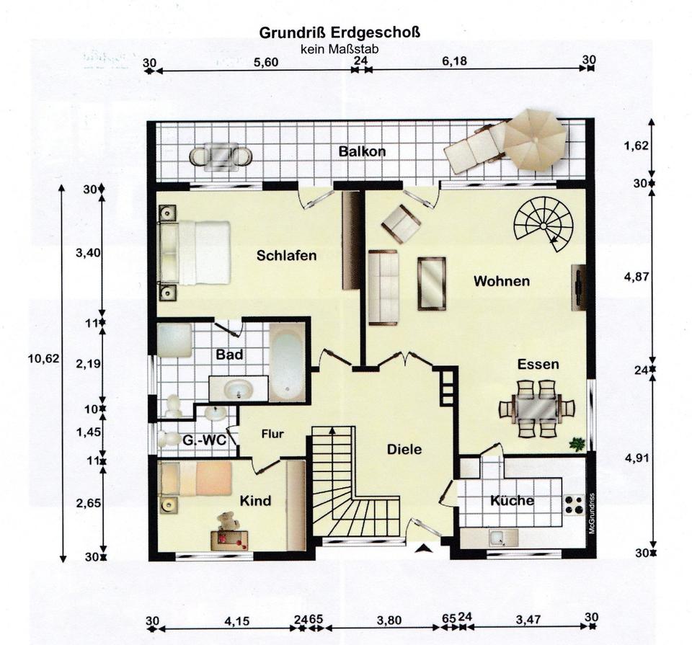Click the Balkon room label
[362, 152]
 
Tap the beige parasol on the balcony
[535, 139]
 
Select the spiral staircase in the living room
[544, 225]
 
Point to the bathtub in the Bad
[287, 362]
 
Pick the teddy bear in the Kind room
[229, 520]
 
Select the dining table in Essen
[536, 408]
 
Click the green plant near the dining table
[577, 444]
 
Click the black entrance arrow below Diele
[424, 548]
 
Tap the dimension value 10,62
[43, 358]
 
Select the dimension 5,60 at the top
[266, 62]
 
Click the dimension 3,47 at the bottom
[528, 620]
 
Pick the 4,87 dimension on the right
[636, 277]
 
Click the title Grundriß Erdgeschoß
[340, 33]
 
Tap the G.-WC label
[204, 440]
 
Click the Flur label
[272, 434]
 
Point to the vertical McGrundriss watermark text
[592, 513]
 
